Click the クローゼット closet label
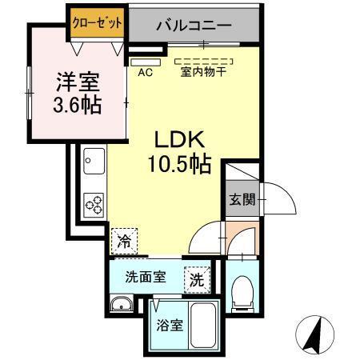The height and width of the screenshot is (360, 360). tap(96, 22)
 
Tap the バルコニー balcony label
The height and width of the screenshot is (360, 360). tap(194, 25)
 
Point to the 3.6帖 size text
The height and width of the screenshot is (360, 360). tap(77, 105)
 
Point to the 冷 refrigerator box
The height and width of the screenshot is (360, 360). tap(124, 238)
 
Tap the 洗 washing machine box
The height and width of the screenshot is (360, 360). tap(195, 280)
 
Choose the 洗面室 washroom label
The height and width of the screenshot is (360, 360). tap(145, 278)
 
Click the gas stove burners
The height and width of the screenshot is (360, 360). tap(94, 205)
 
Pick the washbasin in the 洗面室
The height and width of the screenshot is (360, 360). tap(122, 303)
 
